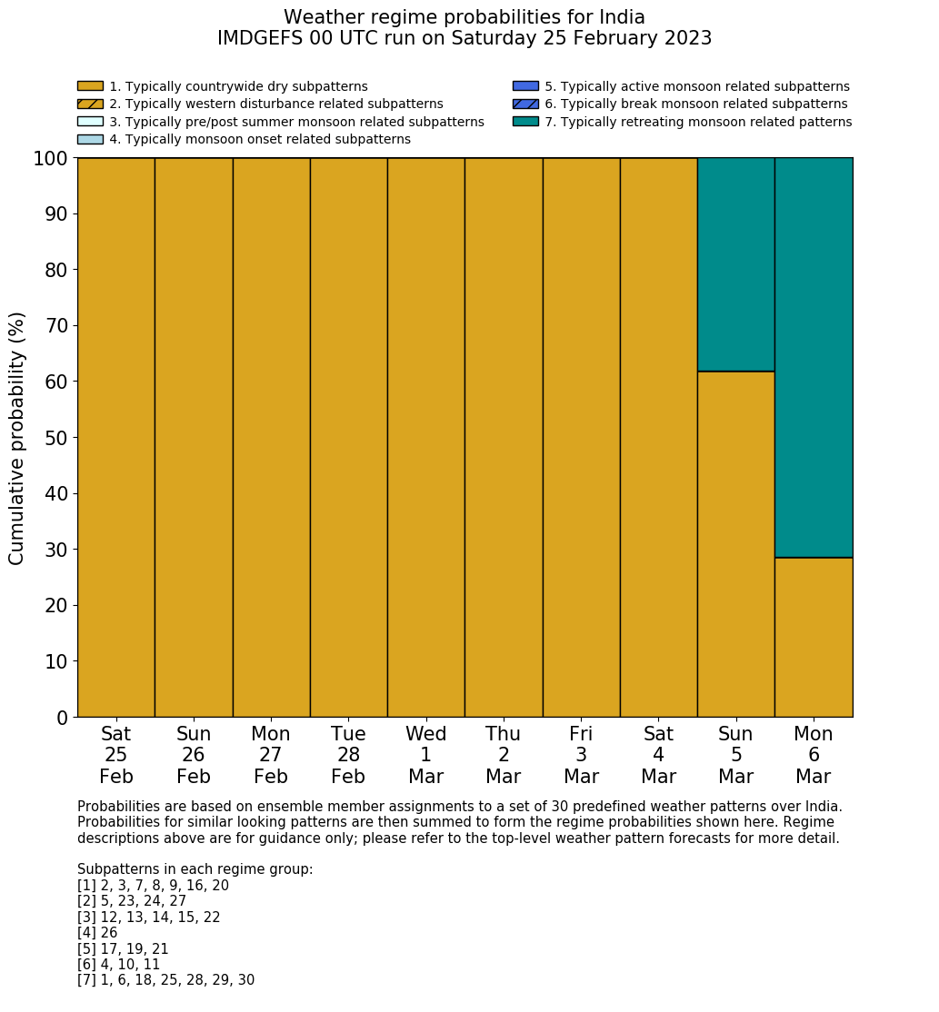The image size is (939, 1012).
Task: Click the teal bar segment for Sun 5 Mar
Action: click(x=735, y=264)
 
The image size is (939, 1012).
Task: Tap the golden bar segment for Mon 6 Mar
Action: click(x=814, y=637)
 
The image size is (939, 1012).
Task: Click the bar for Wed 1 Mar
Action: click(x=425, y=437)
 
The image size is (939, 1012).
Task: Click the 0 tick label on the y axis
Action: click(x=62, y=718)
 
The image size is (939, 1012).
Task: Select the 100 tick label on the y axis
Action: click(x=51, y=159)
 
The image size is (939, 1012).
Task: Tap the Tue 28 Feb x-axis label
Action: click(x=348, y=755)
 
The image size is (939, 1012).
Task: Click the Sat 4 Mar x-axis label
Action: click(x=658, y=755)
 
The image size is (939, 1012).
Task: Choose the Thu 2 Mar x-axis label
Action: click(x=503, y=755)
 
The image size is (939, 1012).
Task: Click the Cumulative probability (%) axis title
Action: click(x=17, y=438)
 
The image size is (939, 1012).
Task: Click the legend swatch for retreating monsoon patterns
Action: click(x=525, y=122)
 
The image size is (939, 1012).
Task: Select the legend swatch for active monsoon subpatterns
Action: click(x=525, y=86)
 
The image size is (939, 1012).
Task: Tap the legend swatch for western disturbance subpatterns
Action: click(x=90, y=104)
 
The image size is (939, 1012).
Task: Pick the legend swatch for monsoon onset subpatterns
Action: click(x=90, y=139)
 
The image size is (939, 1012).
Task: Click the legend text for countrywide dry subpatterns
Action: click(x=238, y=86)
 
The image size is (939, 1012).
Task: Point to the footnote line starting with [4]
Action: click(x=98, y=933)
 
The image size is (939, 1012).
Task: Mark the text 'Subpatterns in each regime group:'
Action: click(x=195, y=869)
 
